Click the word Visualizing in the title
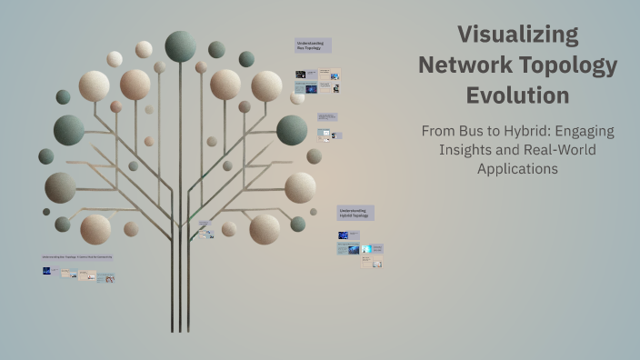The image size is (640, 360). click(x=517, y=35)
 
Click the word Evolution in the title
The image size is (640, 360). click(x=517, y=95)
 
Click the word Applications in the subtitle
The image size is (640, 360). click(x=517, y=168)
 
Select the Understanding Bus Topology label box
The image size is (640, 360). click(x=313, y=45)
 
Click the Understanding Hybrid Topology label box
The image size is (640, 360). click(x=355, y=213)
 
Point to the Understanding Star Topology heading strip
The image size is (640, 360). click(x=77, y=257)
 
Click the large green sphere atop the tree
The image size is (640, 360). click(x=180, y=45)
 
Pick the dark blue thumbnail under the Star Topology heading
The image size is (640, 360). click(x=46, y=271)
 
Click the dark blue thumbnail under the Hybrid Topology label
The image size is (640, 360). click(x=344, y=235)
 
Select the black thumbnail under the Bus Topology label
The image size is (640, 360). click(x=300, y=75)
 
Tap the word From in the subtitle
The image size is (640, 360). click(x=438, y=131)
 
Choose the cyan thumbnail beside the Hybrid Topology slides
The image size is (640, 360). click(x=365, y=248)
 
